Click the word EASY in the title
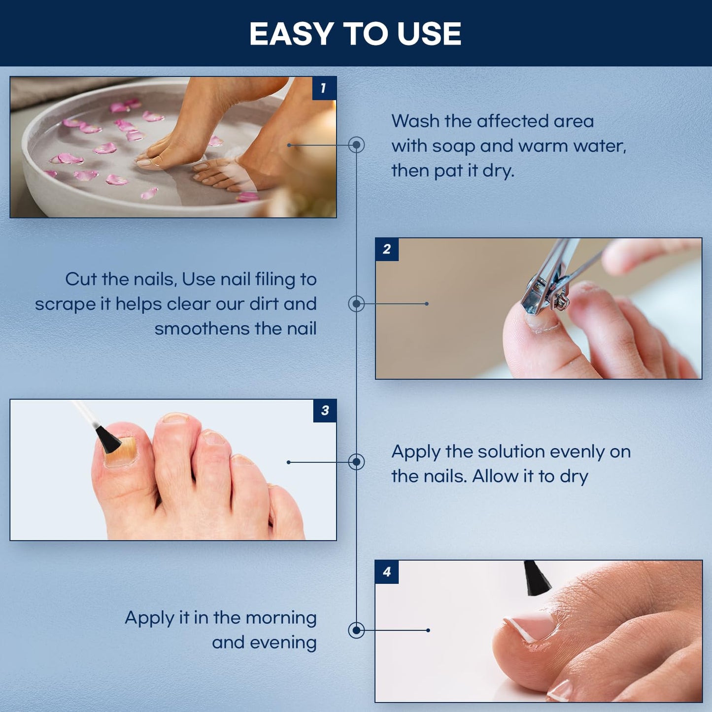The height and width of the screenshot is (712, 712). (292, 34)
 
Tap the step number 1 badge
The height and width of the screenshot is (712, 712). (324, 88)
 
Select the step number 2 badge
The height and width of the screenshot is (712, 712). (387, 249)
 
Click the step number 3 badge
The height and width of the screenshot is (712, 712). (325, 410)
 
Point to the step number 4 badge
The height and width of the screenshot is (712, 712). (387, 572)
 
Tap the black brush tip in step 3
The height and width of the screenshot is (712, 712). (108, 439)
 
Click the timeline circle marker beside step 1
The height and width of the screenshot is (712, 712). (356, 145)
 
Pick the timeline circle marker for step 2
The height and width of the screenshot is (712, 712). (356, 304)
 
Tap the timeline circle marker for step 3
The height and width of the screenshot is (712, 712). (356, 462)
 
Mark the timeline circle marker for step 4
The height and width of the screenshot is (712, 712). (356, 630)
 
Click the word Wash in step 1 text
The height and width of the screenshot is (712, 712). (415, 121)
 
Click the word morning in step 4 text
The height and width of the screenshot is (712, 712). (281, 618)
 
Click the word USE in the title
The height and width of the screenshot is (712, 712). (429, 34)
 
